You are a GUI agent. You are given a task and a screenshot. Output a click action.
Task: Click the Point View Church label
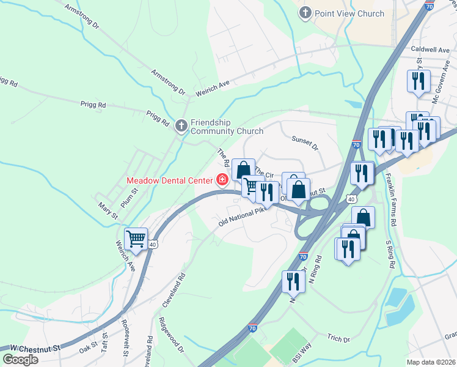[x=349, y=13]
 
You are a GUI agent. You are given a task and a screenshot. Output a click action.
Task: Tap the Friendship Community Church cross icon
[x=181, y=126]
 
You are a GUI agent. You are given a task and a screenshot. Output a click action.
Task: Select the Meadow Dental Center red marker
[x=222, y=180]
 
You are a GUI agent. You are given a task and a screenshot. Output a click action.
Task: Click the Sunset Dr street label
[x=305, y=143]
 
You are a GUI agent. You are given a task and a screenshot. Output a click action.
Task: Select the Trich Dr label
[x=338, y=339]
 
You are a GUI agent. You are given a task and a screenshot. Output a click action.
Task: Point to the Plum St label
[x=130, y=198]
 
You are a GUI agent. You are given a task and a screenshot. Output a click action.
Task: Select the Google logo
[x=20, y=360]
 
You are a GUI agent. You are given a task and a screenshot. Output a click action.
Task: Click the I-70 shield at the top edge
[x=429, y=6]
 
